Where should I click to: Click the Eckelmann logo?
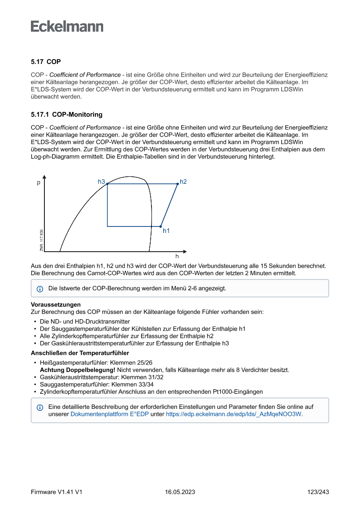67,27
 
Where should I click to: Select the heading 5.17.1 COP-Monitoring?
67,115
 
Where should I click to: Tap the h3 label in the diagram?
101,181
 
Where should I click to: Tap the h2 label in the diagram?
183,181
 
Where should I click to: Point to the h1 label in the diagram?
166,231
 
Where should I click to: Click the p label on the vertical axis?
38,183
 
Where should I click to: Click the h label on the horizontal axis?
177,256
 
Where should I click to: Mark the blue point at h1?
161,226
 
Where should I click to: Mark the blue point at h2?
178,184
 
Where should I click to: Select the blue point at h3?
108,184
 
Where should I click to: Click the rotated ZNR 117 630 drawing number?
41,240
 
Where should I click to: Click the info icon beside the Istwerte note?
40,289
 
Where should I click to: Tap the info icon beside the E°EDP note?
40,408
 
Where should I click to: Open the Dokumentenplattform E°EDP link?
109,414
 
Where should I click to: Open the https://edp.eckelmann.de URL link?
234,414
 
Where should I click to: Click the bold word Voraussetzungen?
56,304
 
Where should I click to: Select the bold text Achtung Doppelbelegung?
77,370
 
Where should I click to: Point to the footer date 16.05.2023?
180,492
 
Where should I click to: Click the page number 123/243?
318,492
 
